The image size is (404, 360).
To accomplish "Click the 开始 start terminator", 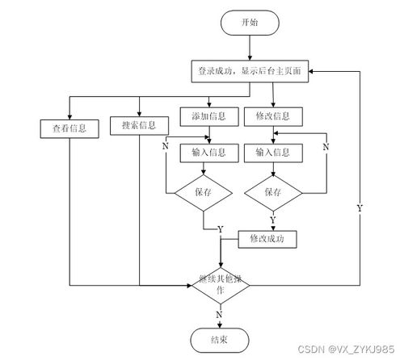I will coord(250,24).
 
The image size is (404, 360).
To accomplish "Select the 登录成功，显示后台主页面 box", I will coord(250,71).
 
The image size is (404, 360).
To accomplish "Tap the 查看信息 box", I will coord(69,127).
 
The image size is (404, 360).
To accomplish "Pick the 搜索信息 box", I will coord(139,125).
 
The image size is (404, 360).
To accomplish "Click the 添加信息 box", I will coord(209,115).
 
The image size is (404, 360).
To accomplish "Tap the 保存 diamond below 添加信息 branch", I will coord(204,192).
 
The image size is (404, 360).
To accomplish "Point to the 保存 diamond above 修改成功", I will coord(272,192).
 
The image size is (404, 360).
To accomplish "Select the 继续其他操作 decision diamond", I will coord(218,284).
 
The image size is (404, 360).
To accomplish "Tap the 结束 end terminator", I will coord(218,340).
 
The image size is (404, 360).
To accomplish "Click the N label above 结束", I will coord(218,314).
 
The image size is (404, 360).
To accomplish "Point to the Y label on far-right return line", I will coord(359,208).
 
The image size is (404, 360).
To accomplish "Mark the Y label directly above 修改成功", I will coord(272,220).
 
